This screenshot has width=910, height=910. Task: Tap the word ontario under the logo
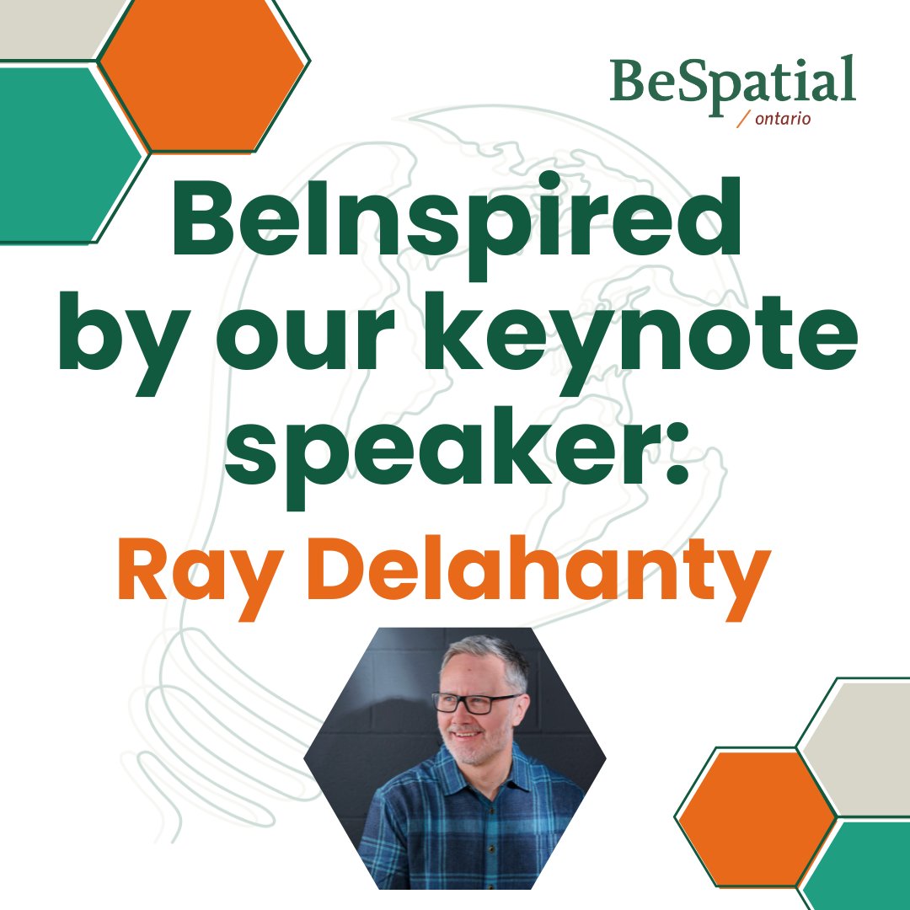[x=783, y=119]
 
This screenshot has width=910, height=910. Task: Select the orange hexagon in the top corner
[x=203, y=76]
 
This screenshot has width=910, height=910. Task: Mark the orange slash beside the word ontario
[x=743, y=120]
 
